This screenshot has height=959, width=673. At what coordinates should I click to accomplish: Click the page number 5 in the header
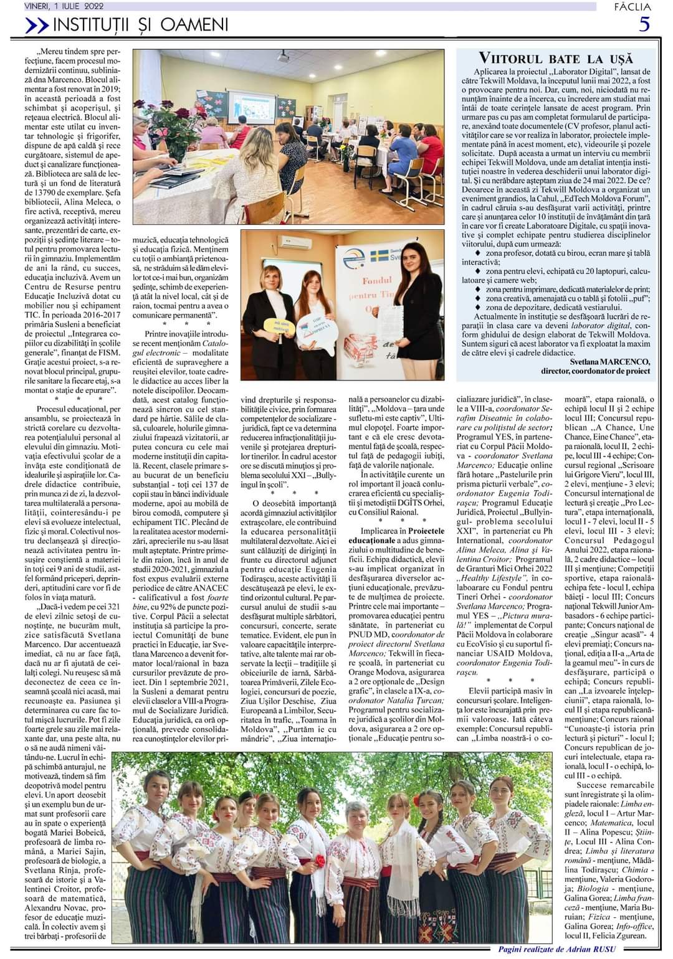[x=644, y=24]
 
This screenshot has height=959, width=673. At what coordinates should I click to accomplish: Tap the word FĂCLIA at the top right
[x=632, y=6]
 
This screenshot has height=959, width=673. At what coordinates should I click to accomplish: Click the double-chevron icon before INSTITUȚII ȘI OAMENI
[x=37, y=25]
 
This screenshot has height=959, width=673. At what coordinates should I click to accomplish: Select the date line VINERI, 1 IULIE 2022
[x=64, y=6]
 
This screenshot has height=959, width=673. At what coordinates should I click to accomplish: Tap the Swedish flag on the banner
[x=378, y=256]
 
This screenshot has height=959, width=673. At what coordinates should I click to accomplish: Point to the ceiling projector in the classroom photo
[x=284, y=57]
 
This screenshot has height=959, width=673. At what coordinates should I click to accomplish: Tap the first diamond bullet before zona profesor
[x=478, y=254]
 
